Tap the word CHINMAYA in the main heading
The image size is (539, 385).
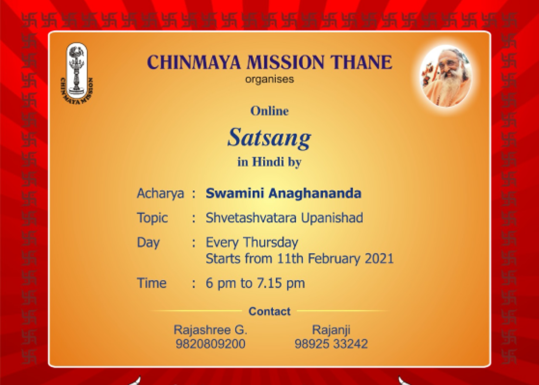click(x=194, y=62)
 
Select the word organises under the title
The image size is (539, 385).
click(x=269, y=79)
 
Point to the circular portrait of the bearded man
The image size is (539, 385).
click(x=446, y=76)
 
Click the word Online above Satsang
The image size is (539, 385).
click(x=269, y=111)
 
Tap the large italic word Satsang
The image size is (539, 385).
click(x=269, y=138)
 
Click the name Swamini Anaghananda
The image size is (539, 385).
click(x=283, y=193)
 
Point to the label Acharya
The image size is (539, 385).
click(x=161, y=193)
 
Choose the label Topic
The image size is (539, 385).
click(x=152, y=218)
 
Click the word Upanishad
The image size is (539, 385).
click(x=332, y=218)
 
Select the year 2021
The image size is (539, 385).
click(x=379, y=258)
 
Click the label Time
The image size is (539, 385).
click(x=152, y=283)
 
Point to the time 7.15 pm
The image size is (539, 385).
click(x=281, y=283)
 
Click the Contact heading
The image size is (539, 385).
click(x=269, y=311)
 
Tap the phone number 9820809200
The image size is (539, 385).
click(x=210, y=344)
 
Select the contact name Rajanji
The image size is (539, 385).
click(x=331, y=330)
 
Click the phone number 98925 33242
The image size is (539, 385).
click(x=331, y=344)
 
